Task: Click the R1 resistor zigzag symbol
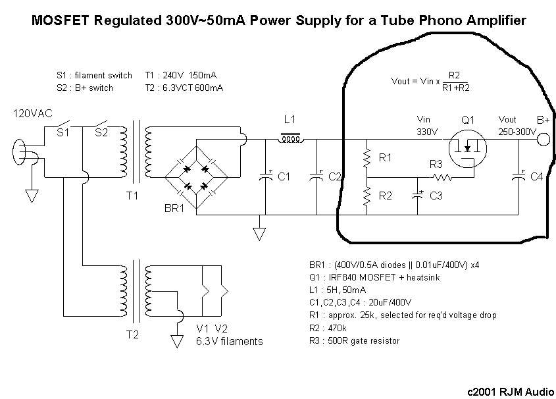pyautogui.click(x=366, y=159)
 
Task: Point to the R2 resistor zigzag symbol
pyautogui.click(x=366, y=196)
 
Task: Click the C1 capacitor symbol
pyautogui.click(x=266, y=176)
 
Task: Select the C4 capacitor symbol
pyautogui.click(x=518, y=176)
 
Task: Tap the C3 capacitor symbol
pyautogui.click(x=418, y=195)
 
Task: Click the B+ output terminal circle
pyautogui.click(x=543, y=139)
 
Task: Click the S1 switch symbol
pyautogui.click(x=63, y=125)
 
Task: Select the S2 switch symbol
pyautogui.click(x=101, y=125)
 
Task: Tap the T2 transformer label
pyautogui.click(x=132, y=334)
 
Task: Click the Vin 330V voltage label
pyautogui.click(x=426, y=126)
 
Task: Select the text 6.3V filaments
pyautogui.click(x=229, y=341)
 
